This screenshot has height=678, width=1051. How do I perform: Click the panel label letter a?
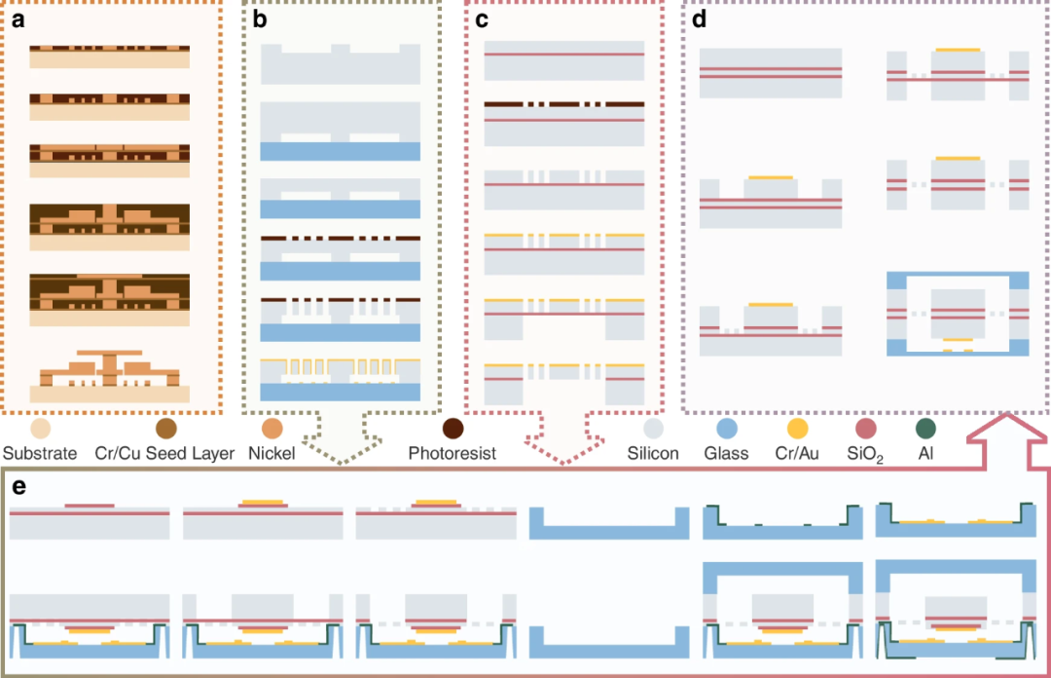[x=18, y=20]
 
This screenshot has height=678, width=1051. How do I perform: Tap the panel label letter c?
[x=482, y=20]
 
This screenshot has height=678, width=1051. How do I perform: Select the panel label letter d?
[x=699, y=19]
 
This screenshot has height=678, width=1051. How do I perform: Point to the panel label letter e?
[x=18, y=486]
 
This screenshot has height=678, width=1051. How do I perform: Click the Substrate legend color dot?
[x=41, y=429]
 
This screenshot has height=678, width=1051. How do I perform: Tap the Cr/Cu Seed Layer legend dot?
[x=166, y=429]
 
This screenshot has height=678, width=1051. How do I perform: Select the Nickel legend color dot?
[x=272, y=429]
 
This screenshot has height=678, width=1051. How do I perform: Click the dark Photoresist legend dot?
[x=453, y=429]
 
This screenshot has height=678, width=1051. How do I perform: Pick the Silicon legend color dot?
[x=653, y=429]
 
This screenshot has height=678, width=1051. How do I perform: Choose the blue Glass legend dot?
[x=727, y=429]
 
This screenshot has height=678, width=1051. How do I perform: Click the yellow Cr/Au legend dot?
[x=797, y=429]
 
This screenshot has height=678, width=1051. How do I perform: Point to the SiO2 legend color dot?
[x=866, y=429]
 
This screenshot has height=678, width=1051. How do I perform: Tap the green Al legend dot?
[x=925, y=429]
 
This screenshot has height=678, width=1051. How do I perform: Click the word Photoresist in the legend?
[x=453, y=453]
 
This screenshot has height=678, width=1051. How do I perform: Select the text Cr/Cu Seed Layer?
[x=164, y=453]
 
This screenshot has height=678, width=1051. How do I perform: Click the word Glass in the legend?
[x=726, y=453]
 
